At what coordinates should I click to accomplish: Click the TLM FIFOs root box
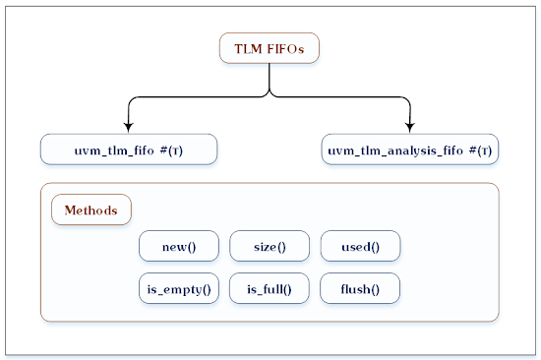tap(270, 48)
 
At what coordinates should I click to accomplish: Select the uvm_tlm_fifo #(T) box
tap(129, 151)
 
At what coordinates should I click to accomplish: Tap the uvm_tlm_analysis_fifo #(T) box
tap(410, 151)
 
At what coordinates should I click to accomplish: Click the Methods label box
tap(90, 210)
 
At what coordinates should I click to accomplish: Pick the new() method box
tap(179, 247)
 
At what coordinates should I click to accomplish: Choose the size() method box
tap(270, 247)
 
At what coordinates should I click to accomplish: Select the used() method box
tap(360, 247)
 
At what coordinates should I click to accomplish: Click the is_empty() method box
tap(179, 289)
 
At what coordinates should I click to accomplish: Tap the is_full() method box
tap(270, 289)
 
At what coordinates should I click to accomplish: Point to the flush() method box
tap(360, 289)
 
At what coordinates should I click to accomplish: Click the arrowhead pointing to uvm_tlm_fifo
tap(129, 127)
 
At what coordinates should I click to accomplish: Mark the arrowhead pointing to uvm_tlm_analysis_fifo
tap(410, 127)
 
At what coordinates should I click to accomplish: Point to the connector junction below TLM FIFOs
tap(270, 95)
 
